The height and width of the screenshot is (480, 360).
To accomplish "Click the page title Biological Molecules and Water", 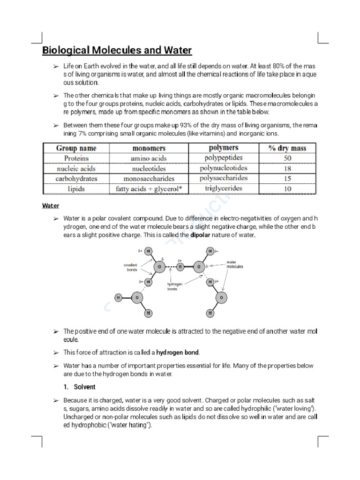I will click(117, 51).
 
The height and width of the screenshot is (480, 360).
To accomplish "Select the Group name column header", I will click(76, 148).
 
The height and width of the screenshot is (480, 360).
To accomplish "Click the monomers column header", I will click(149, 148).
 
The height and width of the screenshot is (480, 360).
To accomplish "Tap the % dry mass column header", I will click(287, 148).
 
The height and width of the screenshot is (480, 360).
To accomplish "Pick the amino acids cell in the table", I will click(149, 158).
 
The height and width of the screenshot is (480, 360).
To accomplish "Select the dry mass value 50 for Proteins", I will click(287, 158).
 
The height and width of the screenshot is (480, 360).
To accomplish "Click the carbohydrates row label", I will click(76, 179).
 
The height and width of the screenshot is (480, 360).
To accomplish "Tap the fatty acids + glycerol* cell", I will click(149, 189).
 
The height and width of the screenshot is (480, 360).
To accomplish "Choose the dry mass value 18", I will click(287, 168).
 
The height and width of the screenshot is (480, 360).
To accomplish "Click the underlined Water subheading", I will click(51, 205).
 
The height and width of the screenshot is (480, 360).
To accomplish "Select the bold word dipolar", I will click(200, 235).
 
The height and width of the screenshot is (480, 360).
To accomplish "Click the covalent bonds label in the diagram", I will click(131, 267).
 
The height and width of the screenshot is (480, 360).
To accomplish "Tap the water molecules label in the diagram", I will click(235, 264).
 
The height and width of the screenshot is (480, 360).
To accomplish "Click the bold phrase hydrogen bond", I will click(178, 352).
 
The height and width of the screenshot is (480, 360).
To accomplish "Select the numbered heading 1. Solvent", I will click(80, 387).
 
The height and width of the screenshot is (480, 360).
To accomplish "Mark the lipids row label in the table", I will click(76, 188).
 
